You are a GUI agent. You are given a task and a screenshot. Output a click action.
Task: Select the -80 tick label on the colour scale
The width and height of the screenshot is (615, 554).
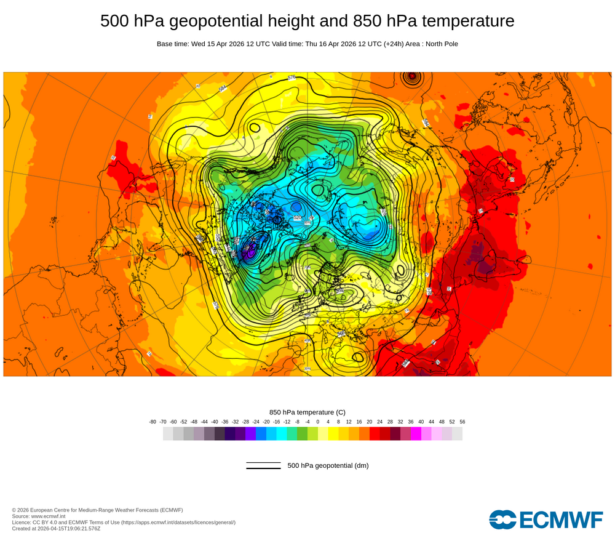click(x=153, y=422)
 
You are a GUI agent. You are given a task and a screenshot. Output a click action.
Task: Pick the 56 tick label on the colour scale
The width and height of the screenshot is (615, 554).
click(x=462, y=422)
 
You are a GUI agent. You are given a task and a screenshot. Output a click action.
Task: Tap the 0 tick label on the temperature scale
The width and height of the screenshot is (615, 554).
click(x=318, y=422)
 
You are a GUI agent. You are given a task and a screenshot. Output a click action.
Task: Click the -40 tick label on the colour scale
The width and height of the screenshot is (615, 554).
click(x=215, y=422)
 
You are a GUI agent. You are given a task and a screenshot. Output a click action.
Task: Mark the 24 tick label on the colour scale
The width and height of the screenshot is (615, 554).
click(x=379, y=422)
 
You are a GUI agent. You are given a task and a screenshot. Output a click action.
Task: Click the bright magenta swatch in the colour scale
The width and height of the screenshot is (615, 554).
click(x=416, y=434)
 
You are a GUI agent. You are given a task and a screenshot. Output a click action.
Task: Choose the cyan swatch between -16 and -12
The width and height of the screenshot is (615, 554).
click(x=282, y=434)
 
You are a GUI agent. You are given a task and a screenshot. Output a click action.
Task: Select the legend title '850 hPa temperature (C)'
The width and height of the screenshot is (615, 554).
click(x=307, y=412)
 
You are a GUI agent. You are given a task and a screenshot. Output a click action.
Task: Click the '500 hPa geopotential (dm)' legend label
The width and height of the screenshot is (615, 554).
click(x=328, y=465)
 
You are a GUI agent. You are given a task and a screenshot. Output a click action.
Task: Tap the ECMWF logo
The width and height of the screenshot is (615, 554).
click(x=546, y=519)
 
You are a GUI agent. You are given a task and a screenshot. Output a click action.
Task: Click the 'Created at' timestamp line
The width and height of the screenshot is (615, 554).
click(x=56, y=528)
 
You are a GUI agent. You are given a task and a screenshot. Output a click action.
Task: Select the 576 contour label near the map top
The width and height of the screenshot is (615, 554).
click(x=292, y=78)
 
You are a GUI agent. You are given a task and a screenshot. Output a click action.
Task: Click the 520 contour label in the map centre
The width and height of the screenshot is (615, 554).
click(x=298, y=218)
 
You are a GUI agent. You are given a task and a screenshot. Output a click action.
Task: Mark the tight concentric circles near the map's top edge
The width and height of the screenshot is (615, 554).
click(x=411, y=78)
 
